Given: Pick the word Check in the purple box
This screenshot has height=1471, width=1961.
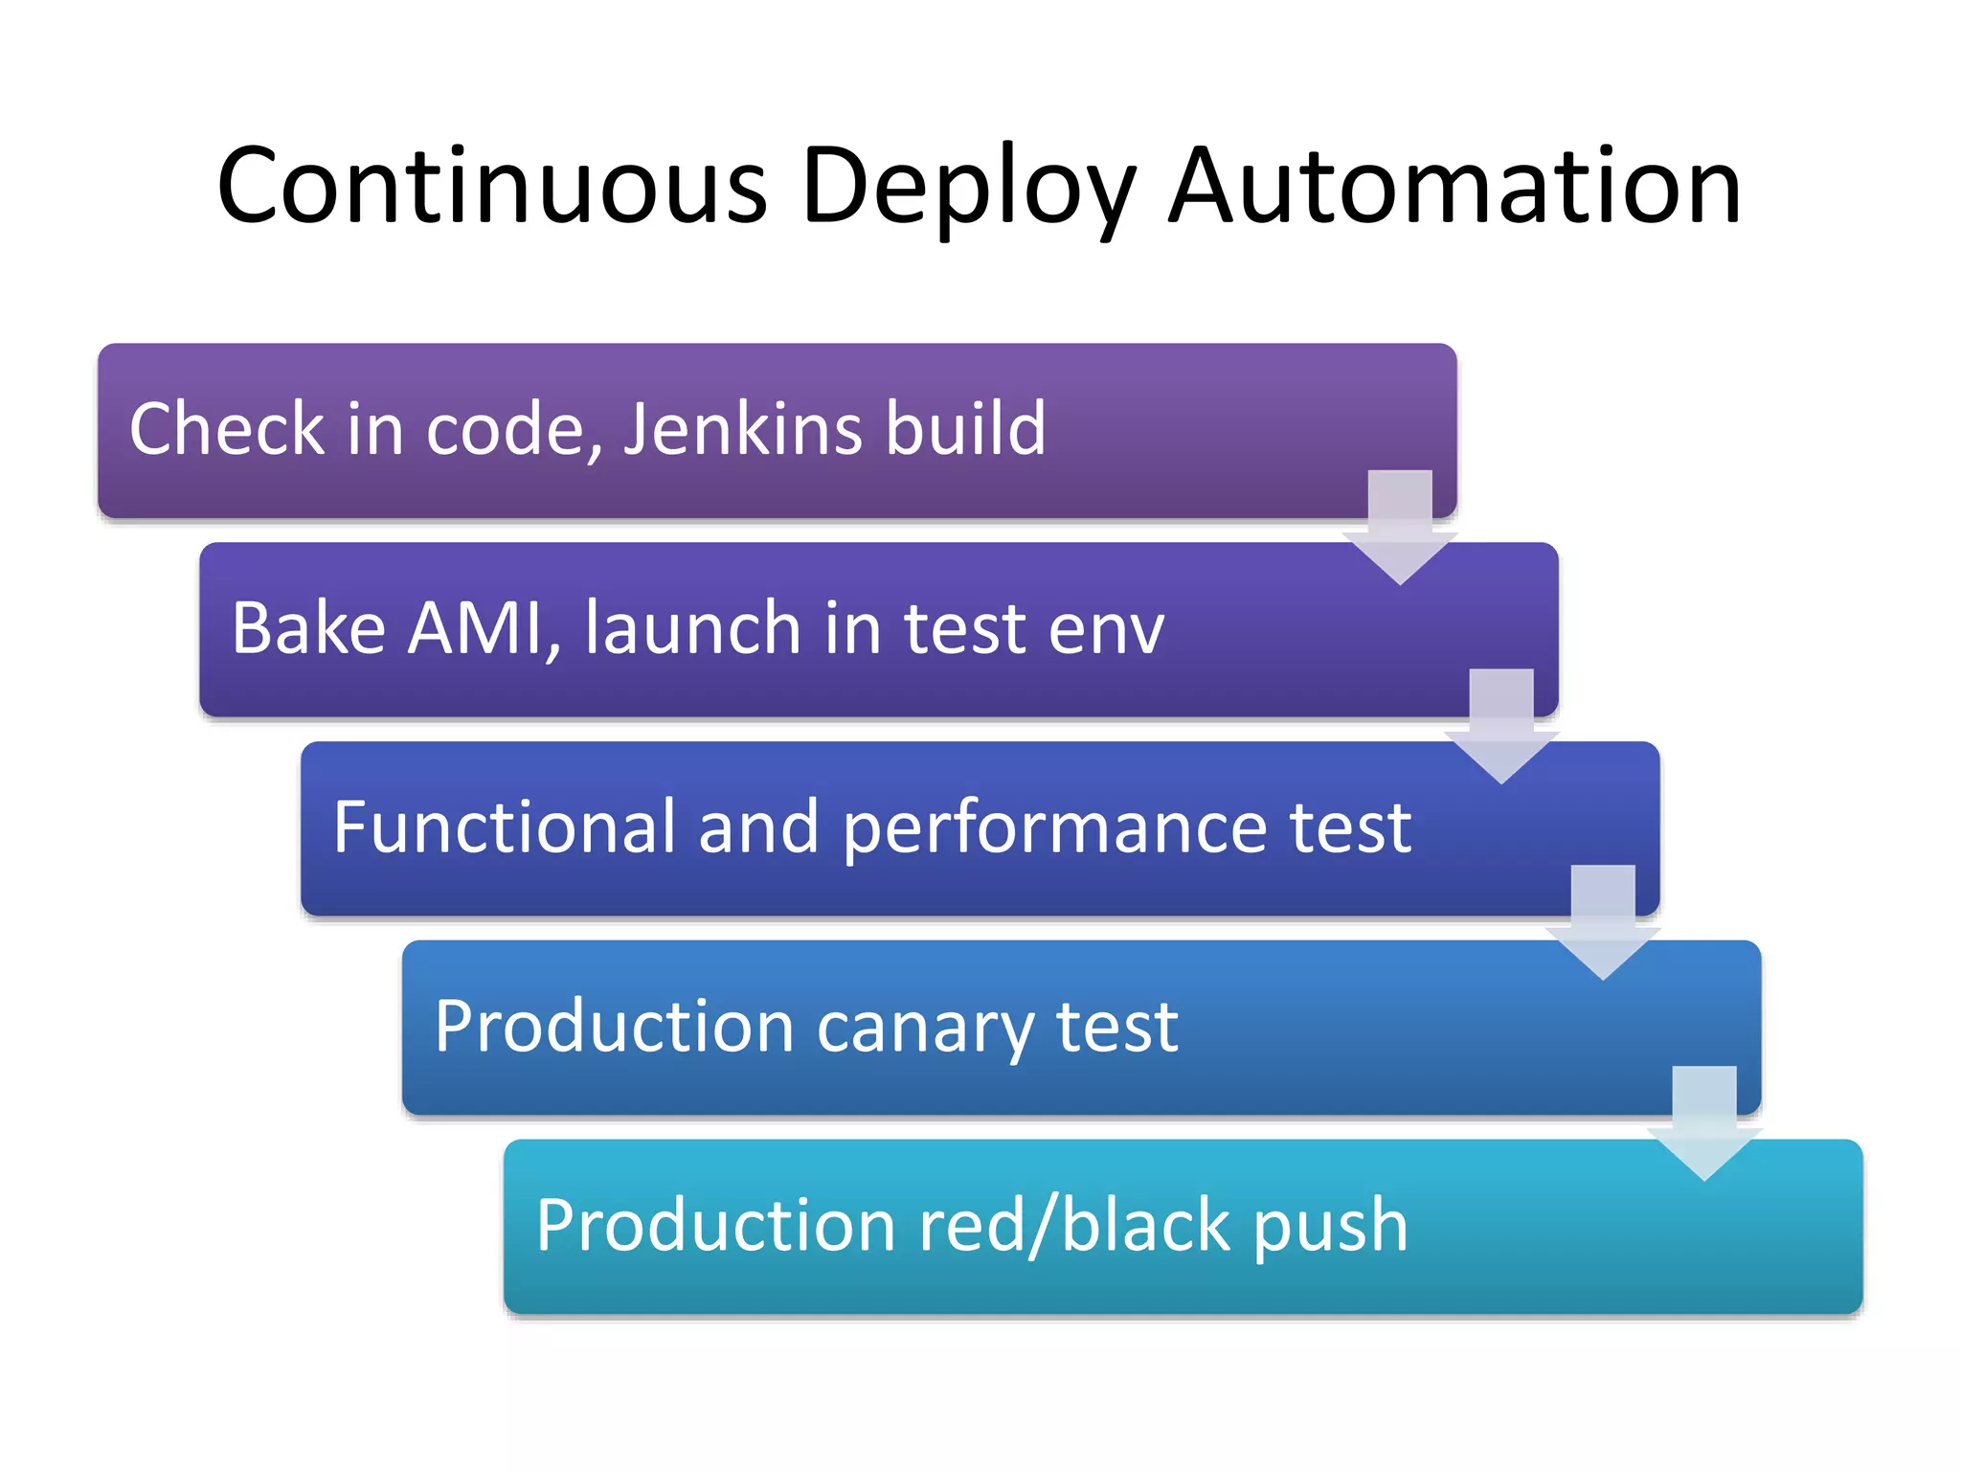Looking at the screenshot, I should click(227, 427).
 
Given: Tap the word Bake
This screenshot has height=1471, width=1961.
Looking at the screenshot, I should click(308, 628).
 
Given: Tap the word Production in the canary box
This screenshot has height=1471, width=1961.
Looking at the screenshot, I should click(614, 1027).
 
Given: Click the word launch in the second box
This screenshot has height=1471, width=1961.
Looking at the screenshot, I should click(691, 628).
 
